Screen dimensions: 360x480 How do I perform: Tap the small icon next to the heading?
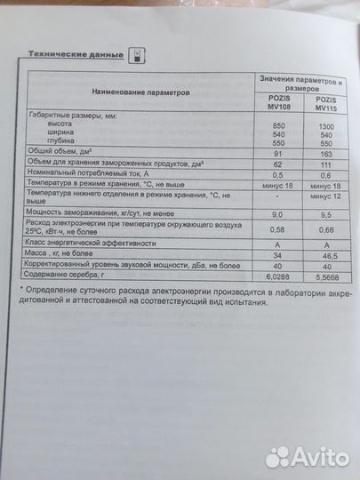pos(136,54)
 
